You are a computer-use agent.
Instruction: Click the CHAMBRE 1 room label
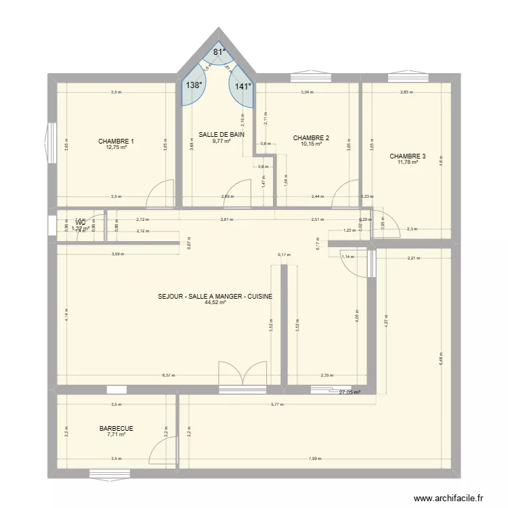click(x=116, y=142)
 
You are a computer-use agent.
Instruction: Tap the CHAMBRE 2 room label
click(x=311, y=137)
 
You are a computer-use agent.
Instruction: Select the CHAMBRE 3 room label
click(x=408, y=156)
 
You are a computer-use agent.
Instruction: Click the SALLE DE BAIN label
click(x=221, y=135)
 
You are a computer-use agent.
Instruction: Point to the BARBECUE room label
click(x=116, y=428)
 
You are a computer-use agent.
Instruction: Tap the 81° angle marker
click(x=219, y=52)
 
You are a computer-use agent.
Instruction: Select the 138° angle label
click(x=194, y=85)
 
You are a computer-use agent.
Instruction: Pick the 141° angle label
click(x=243, y=86)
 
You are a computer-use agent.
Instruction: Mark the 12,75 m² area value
click(x=116, y=148)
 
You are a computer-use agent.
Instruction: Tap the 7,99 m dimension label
click(x=316, y=459)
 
